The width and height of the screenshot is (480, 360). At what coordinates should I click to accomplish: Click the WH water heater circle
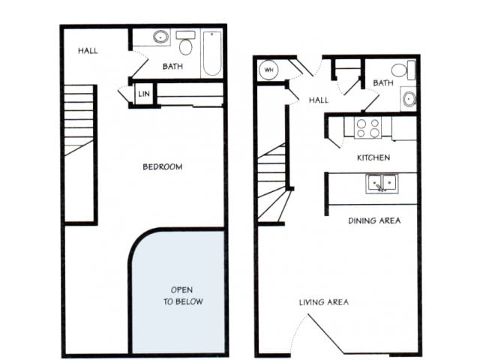pyautogui.click(x=268, y=71)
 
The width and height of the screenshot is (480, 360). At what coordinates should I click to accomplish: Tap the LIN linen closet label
pyautogui.click(x=144, y=94)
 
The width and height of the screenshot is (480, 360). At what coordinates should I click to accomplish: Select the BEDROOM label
pyautogui.click(x=163, y=166)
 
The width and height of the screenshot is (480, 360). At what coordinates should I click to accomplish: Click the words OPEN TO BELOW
pyautogui.click(x=182, y=295)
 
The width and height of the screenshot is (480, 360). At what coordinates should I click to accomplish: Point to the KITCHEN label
pyautogui.click(x=373, y=157)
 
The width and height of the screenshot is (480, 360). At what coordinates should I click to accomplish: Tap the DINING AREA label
pyautogui.click(x=373, y=220)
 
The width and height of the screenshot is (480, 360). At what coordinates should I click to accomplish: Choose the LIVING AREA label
pyautogui.click(x=323, y=302)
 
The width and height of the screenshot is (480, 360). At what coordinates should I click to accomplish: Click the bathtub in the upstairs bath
pyautogui.click(x=211, y=53)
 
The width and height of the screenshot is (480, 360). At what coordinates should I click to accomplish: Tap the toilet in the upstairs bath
pyautogui.click(x=185, y=44)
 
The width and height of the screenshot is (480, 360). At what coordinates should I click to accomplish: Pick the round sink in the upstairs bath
pyautogui.click(x=160, y=37)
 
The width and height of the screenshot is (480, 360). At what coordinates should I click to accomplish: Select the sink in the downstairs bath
pyautogui.click(x=409, y=98)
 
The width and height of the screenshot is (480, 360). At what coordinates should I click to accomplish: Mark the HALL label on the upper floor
pyautogui.click(x=88, y=51)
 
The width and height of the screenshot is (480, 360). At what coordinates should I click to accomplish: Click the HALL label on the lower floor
pyautogui.click(x=319, y=100)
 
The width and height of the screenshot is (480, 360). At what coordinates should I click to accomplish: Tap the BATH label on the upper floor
pyautogui.click(x=173, y=67)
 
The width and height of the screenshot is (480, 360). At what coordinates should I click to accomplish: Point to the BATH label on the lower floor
pyautogui.click(x=382, y=83)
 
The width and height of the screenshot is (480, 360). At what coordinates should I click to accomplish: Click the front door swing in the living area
pyautogui.click(x=326, y=334)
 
